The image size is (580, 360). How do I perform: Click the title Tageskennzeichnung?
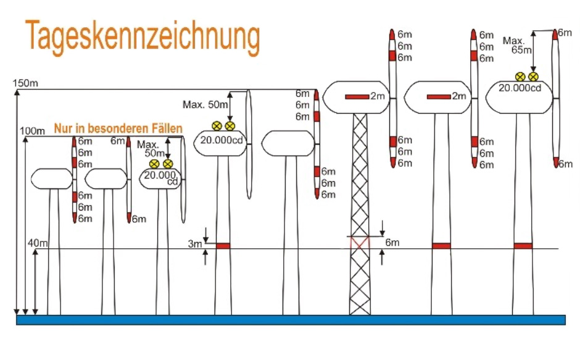click(x=143, y=38)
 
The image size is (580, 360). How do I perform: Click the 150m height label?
click(x=25, y=83)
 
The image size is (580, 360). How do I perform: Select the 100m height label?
click(x=32, y=131)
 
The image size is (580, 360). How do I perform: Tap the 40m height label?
click(x=38, y=243)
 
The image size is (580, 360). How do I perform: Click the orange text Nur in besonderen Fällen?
click(x=118, y=128)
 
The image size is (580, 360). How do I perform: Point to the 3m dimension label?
click(x=195, y=244)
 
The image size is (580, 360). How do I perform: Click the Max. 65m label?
click(x=517, y=45)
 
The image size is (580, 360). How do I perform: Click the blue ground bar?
click(x=291, y=320)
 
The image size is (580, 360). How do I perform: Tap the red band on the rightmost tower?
click(x=523, y=246)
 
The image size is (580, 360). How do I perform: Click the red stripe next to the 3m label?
click(x=223, y=246)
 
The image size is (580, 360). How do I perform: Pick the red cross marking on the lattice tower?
click(x=360, y=243)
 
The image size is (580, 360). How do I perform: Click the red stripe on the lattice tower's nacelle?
click(x=357, y=97)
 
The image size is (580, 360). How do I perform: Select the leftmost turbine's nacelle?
click(x=51, y=178)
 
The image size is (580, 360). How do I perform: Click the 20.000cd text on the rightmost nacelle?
click(x=520, y=88)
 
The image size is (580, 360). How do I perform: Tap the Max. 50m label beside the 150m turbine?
click(x=205, y=105)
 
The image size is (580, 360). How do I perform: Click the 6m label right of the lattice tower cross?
click(x=392, y=243)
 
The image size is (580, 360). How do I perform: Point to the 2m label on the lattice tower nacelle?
click(x=378, y=96)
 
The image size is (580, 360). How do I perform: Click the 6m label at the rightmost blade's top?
click(x=565, y=33)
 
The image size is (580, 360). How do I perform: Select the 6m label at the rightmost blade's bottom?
click(x=566, y=164)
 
